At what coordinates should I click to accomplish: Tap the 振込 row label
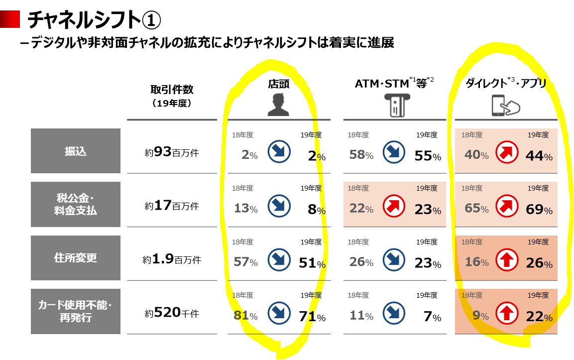pos(75,151)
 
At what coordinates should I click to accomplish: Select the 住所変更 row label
pos(75,258)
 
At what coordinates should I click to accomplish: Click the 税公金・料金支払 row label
pos(75,205)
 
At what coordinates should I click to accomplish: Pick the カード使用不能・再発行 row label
pos(75,311)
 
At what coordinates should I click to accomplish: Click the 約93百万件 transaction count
pos(172,152)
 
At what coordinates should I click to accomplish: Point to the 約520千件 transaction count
pos(172,313)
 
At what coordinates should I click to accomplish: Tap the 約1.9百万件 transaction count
pos(172,259)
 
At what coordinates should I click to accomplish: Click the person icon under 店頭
pos(278,105)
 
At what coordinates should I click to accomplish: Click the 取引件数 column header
pos(172,90)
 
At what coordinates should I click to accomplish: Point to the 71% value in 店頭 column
pos(312,316)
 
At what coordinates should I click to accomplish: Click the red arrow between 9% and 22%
pos(507,314)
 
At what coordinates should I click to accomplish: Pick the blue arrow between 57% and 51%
pos(279,260)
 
